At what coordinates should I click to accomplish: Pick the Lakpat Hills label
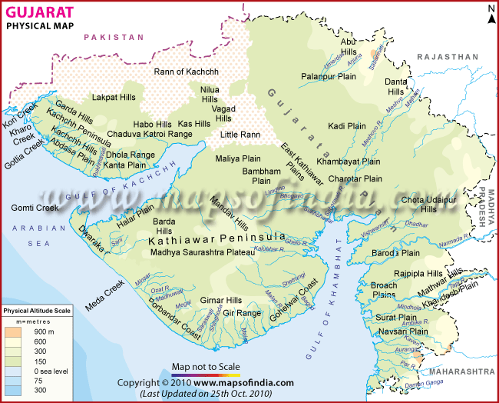(114, 98)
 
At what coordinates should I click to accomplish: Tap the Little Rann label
(240, 135)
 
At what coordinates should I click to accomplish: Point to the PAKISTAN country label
(114, 37)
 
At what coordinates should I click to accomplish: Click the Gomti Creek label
(35, 208)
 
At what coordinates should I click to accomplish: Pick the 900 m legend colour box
(13, 331)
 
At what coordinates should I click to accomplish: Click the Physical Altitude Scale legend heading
(38, 310)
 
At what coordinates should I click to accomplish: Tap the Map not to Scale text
(206, 366)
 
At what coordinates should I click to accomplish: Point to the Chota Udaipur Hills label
(430, 205)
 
